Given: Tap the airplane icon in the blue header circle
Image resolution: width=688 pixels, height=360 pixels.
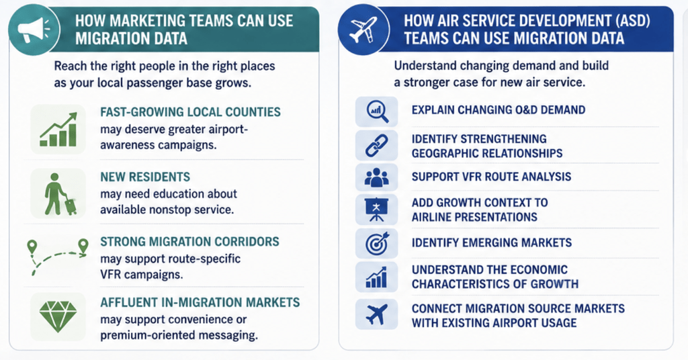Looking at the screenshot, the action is [363, 30].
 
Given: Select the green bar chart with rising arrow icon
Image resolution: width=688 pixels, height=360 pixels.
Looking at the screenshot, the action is [58, 130].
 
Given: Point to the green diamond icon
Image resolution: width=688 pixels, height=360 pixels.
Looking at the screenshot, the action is [58, 316].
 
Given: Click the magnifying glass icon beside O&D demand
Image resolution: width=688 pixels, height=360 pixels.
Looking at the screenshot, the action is [377, 111].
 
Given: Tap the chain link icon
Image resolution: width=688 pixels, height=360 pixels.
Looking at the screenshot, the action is [376, 146].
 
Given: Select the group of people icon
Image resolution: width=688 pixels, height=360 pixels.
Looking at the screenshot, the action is [376, 177].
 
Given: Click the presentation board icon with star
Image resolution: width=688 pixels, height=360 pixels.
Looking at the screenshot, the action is [376, 210].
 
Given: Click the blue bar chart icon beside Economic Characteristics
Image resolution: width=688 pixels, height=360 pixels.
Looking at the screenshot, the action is [376, 277].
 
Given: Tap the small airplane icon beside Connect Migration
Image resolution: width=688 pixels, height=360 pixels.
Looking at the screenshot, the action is [376, 314].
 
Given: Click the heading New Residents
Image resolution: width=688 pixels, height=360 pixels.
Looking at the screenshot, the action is [145, 177].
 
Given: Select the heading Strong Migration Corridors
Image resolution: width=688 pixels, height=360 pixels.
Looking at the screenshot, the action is [189, 242].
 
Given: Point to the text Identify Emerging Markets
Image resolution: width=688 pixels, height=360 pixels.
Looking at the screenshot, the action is [491, 242].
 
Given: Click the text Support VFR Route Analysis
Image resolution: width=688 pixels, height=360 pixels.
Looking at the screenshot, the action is [491, 177].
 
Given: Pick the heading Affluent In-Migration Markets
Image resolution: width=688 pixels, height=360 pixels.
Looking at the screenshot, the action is [200, 302].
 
